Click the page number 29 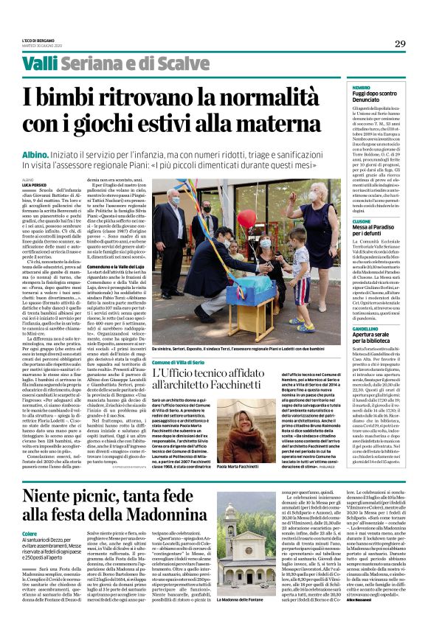pos(399,44)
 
